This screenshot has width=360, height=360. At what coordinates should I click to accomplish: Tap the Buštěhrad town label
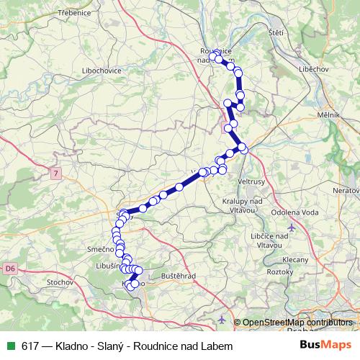click(177, 276)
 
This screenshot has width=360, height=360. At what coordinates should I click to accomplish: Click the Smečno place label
click(100, 249)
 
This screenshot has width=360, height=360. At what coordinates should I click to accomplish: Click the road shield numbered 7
click(55, 173)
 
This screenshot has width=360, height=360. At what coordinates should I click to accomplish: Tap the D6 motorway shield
click(9, 269)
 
